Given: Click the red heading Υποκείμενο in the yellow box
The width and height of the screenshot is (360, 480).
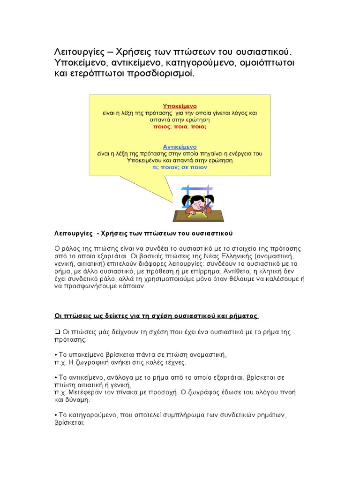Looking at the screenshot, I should [x=179, y=106].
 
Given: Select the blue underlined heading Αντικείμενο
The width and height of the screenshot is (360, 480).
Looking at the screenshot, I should [x=180, y=147].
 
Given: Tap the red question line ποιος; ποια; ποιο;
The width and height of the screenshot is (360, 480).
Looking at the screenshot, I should [x=180, y=127].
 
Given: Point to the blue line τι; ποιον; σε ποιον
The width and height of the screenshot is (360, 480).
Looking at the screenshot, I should [x=180, y=167].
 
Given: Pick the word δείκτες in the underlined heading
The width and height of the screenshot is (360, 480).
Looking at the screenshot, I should [x=108, y=316].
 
